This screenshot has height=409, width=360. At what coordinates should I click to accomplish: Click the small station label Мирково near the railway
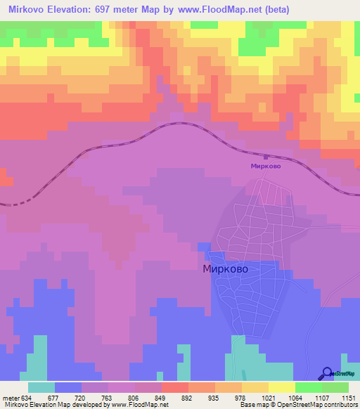pos(266,167)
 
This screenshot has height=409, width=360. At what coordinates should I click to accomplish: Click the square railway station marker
pos(266,157)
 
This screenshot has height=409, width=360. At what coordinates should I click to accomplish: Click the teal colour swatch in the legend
pos(41,387)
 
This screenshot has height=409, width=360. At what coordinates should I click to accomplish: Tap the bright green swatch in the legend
pos(309,387)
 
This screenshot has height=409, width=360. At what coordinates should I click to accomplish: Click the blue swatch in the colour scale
pos(68,387)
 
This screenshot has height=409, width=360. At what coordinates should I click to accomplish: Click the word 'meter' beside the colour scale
pos(8,396)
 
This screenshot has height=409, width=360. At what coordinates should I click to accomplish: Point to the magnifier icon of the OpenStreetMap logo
pos(326,373)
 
